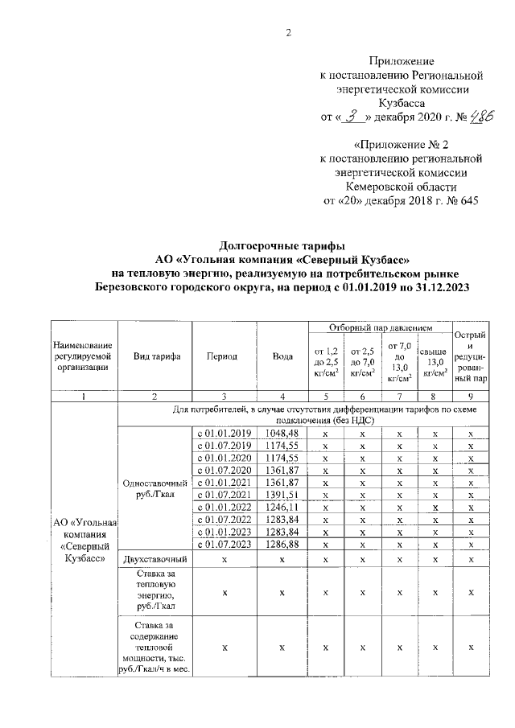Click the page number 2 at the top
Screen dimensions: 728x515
coord(287,33)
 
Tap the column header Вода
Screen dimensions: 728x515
coord(282,356)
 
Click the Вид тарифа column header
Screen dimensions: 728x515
coord(155,356)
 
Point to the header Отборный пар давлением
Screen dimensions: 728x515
coord(381,328)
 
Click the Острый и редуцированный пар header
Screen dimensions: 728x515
coord(470,356)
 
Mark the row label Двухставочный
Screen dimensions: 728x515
coord(155,558)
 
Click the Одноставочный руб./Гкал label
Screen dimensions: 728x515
coord(155,488)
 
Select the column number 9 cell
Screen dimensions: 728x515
coord(470,396)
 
